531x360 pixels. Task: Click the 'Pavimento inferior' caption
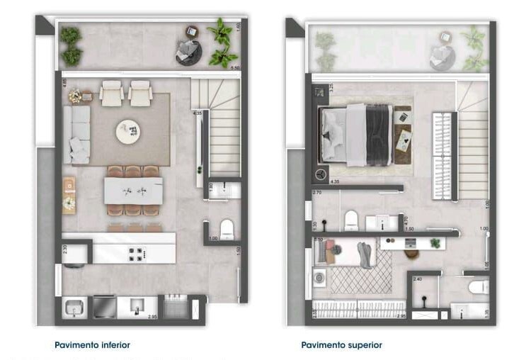point(92,345)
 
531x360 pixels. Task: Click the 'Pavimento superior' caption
point(341,345)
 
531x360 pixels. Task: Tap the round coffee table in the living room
point(129,131)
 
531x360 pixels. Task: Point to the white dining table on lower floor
point(133,190)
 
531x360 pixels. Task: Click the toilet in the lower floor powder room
point(227,229)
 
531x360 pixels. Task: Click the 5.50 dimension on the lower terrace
point(234,65)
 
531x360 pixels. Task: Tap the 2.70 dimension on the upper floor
point(316,192)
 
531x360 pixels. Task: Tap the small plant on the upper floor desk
point(435,243)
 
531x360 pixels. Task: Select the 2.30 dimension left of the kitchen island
point(64,249)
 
